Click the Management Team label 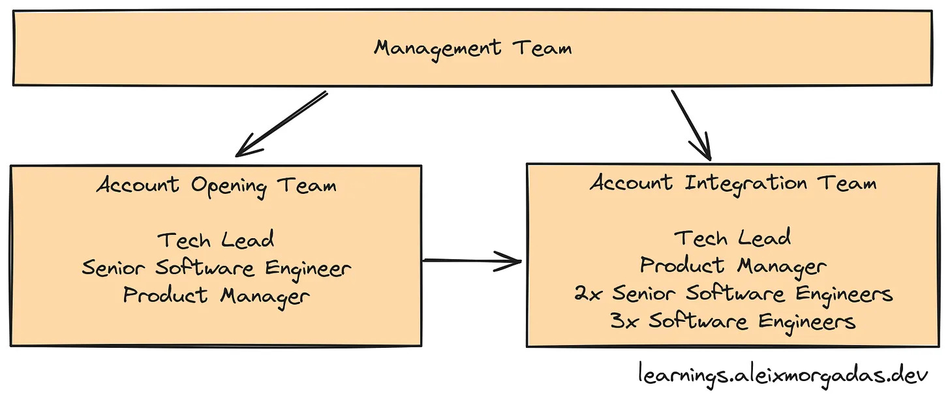click(473, 48)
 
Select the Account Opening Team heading click(216, 185)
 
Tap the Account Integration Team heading click(733, 183)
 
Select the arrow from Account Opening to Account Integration click(472, 262)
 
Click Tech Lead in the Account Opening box click(216, 240)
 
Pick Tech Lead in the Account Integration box click(733, 238)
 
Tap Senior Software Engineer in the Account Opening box click(216, 268)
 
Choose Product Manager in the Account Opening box click(216, 296)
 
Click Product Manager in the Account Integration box click(733, 266)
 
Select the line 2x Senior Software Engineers click(733, 294)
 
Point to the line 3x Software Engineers click(733, 321)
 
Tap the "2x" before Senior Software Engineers click(589, 294)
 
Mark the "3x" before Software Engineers click(625, 321)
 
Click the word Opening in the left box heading click(228, 187)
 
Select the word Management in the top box click(438, 48)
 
